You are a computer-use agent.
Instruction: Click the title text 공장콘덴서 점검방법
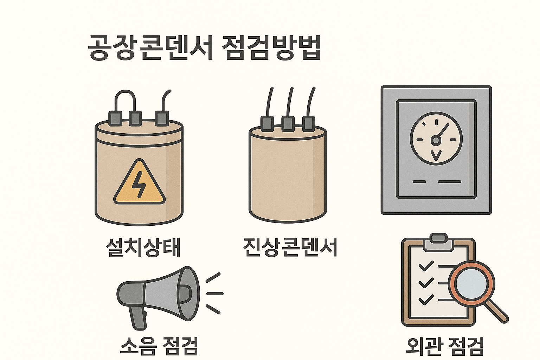pos(204,48)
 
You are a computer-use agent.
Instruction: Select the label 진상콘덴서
pos(290,247)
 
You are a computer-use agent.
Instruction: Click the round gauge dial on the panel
pos(436,139)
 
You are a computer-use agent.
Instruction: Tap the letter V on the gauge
pos(436,155)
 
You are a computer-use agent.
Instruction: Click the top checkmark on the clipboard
pos(426,266)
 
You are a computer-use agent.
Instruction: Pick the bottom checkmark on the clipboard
pos(426,300)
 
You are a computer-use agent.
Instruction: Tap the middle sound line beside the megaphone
pos(214,293)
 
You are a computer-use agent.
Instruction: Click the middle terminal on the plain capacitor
pos(288,123)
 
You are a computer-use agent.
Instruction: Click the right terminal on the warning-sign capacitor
pos(162,118)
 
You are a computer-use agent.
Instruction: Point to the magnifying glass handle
pos(497,311)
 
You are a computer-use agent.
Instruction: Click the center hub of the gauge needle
pos(436,141)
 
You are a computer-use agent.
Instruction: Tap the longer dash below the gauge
pos(450,182)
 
